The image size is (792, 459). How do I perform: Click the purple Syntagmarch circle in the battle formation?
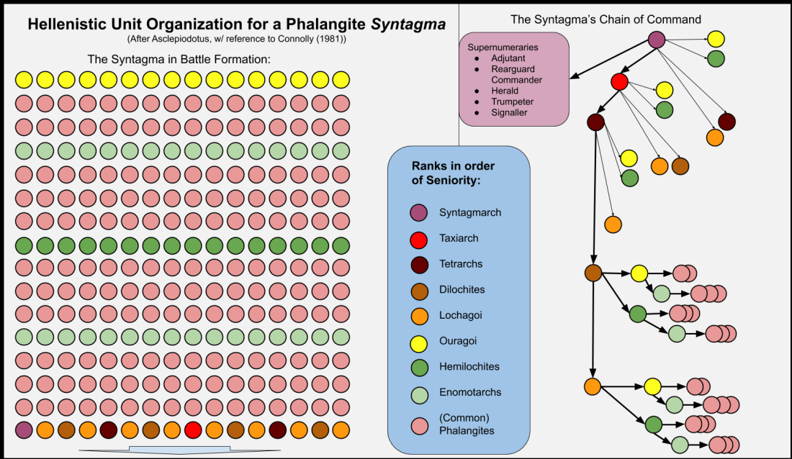(24, 430)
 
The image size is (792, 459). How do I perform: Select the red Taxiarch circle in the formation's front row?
(193, 430)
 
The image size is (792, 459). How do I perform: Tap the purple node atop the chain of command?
(656, 40)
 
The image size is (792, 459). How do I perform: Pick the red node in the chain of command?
(619, 81)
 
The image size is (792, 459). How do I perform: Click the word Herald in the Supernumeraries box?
(505, 91)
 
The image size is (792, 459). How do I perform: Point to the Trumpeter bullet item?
(512, 101)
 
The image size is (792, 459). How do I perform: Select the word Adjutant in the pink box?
(508, 58)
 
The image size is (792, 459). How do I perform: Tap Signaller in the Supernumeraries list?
(509, 113)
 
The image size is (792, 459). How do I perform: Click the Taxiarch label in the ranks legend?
(459, 238)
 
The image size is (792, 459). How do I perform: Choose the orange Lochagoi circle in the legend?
(419, 316)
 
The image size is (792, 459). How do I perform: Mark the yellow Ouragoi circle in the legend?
(419, 343)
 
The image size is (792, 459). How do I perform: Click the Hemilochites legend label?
(469, 367)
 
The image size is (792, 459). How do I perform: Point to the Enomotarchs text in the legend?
(470, 392)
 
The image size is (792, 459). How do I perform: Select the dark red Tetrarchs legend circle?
(419, 265)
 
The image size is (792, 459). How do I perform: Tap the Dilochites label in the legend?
(462, 290)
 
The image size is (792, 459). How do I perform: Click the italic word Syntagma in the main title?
(408, 24)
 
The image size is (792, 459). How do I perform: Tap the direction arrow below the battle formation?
(179, 450)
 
